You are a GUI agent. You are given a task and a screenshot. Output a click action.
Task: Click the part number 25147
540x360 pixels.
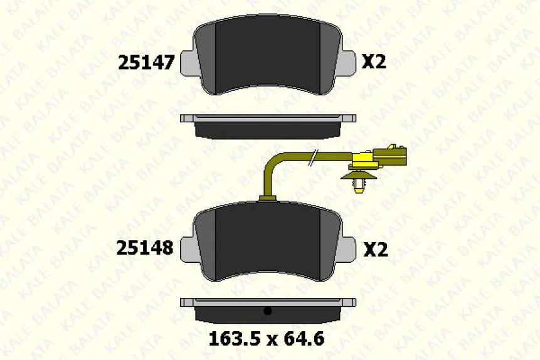tap(146, 62)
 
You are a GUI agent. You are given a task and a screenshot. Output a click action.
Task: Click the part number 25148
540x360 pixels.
tap(145, 248)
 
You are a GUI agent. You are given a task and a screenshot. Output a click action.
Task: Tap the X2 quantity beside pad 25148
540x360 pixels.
tap(376, 250)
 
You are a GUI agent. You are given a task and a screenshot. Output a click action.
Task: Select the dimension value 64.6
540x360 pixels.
tap(304, 339)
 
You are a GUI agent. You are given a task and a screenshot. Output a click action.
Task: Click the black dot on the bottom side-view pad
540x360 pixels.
tap(267, 310)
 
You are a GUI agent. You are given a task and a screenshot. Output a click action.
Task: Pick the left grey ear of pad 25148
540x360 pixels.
tap(187, 250)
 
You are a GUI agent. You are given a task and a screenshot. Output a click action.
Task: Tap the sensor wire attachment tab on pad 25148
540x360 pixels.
tap(268, 198)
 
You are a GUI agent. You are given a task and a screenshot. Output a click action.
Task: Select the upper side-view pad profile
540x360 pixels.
tap(268, 127)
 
